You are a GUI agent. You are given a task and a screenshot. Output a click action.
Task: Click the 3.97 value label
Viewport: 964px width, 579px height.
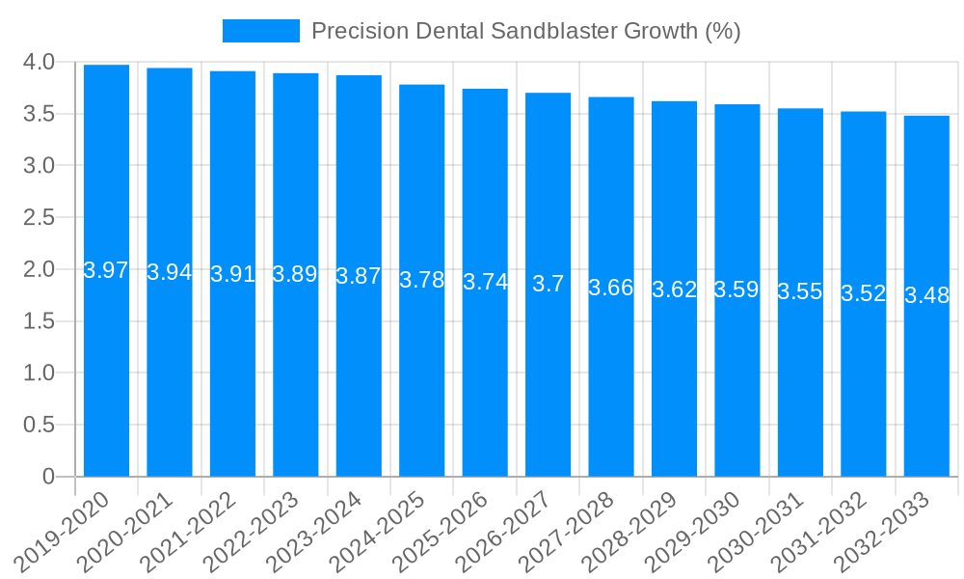pyautogui.click(x=106, y=270)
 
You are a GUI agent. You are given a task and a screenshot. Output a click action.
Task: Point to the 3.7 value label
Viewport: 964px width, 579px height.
pyautogui.click(x=549, y=284)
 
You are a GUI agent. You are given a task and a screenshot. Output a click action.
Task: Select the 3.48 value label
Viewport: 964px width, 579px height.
pyautogui.click(x=926, y=295)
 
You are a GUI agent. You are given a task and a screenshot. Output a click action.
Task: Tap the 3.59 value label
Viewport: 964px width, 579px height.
pyautogui.click(x=737, y=289)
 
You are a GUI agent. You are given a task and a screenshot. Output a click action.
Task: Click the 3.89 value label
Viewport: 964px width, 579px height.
pyautogui.click(x=295, y=274)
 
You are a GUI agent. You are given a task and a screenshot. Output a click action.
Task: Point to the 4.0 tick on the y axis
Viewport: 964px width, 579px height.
pyautogui.click(x=38, y=63)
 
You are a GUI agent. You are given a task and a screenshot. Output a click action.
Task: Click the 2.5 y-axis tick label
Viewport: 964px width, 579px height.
pyautogui.click(x=38, y=218)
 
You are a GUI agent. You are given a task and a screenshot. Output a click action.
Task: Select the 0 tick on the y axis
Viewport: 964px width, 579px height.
pyautogui.click(x=49, y=477)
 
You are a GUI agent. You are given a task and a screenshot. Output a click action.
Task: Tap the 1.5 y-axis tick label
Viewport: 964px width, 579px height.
pyautogui.click(x=38, y=321)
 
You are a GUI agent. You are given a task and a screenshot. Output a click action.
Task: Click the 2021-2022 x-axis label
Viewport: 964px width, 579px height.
pyautogui.click(x=190, y=532)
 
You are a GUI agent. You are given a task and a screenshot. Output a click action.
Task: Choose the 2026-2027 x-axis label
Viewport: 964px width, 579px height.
pyautogui.click(x=505, y=532)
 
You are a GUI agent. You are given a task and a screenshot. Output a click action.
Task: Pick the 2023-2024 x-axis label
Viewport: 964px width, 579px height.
pyautogui.click(x=316, y=532)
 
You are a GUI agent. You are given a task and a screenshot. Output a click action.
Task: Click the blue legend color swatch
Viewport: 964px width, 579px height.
pyautogui.click(x=260, y=31)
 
